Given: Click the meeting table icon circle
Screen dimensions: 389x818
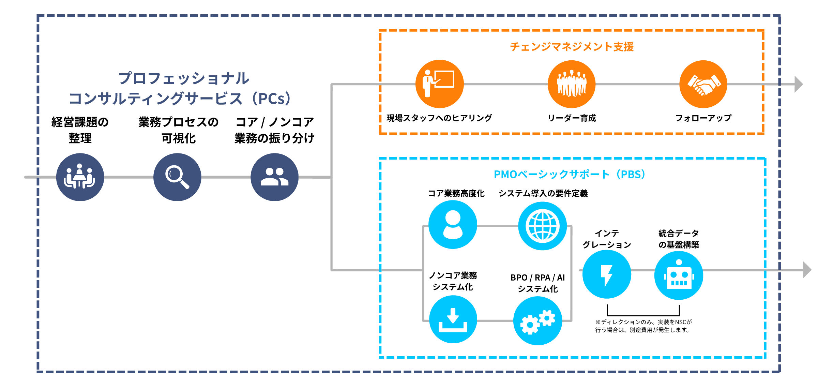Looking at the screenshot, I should tap(80, 177).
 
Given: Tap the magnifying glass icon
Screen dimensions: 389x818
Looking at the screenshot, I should tap(177, 177).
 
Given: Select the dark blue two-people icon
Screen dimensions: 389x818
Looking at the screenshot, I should tap(274, 177).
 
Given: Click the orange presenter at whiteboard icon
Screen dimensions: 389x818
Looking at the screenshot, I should tap(439, 84).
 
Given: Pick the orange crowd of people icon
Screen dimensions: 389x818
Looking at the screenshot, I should tap(572, 84).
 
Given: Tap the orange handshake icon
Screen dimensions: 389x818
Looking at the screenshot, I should tap(703, 84).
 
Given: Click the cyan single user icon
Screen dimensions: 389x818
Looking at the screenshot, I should tap(453, 224).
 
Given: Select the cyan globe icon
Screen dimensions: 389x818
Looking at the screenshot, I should tap(542, 226).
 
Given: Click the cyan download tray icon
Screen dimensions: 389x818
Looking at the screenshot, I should tap(453, 319).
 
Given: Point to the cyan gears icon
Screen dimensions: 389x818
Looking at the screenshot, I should tap(537, 321).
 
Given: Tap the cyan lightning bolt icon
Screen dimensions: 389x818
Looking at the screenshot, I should tap(607, 274).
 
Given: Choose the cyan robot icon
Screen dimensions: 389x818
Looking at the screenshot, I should tap(679, 275).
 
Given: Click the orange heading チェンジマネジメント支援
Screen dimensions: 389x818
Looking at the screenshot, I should tap(572, 47).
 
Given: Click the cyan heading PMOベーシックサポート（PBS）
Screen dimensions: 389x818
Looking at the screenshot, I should tap(570, 175).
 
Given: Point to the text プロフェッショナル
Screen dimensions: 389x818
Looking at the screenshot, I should tap(184, 78).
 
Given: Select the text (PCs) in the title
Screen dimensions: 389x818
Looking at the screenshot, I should tap(274, 99).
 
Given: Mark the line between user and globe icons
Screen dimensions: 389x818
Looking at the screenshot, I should tap(497, 226).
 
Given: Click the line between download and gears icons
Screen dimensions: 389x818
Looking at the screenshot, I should tap(495, 320).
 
